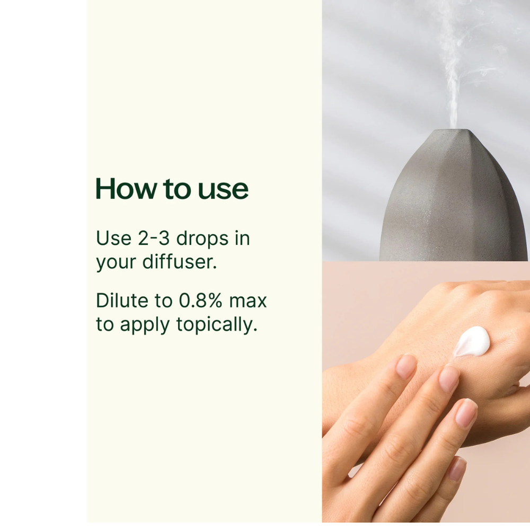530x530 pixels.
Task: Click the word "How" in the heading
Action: click(126, 189)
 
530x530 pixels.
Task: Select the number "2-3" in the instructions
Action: click(154, 238)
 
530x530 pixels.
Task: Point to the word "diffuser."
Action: click(180, 261)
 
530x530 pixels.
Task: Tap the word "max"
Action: click(248, 301)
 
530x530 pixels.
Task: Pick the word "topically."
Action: click(217, 325)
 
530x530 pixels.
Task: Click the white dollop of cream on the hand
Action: click(472, 342)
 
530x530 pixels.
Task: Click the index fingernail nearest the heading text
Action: click(405, 367)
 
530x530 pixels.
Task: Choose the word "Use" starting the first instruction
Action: click(113, 238)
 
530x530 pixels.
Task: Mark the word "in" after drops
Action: click(242, 238)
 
